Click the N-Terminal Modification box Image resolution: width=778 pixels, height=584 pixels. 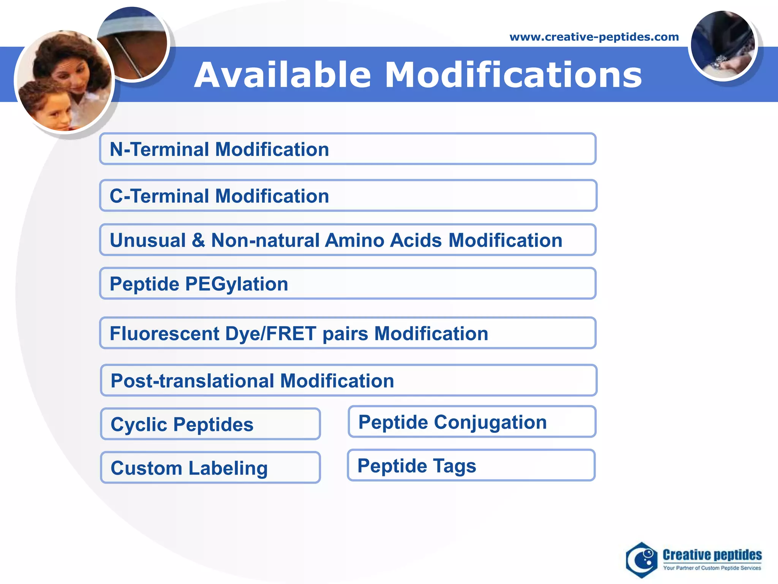[x=348, y=149]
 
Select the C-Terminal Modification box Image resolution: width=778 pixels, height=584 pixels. [x=348, y=196]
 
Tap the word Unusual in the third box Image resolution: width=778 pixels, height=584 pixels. [x=148, y=240]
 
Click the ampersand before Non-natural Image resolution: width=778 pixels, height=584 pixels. [x=198, y=240]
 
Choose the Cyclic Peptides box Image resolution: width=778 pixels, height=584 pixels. [x=210, y=424]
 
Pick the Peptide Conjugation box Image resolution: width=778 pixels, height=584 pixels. [x=472, y=422]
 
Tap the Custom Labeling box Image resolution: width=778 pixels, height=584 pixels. [x=210, y=468]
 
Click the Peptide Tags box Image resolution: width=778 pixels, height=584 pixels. [x=471, y=465]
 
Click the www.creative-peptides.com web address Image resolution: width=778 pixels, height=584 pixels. [x=594, y=37]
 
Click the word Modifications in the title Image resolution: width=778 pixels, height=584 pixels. [x=513, y=75]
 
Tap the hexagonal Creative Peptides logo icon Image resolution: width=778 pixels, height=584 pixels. [x=642, y=560]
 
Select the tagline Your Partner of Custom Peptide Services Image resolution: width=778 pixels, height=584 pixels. [x=712, y=568]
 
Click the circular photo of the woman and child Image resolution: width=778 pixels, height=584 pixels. [x=65, y=81]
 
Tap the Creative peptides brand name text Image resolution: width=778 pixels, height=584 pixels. [x=712, y=555]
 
